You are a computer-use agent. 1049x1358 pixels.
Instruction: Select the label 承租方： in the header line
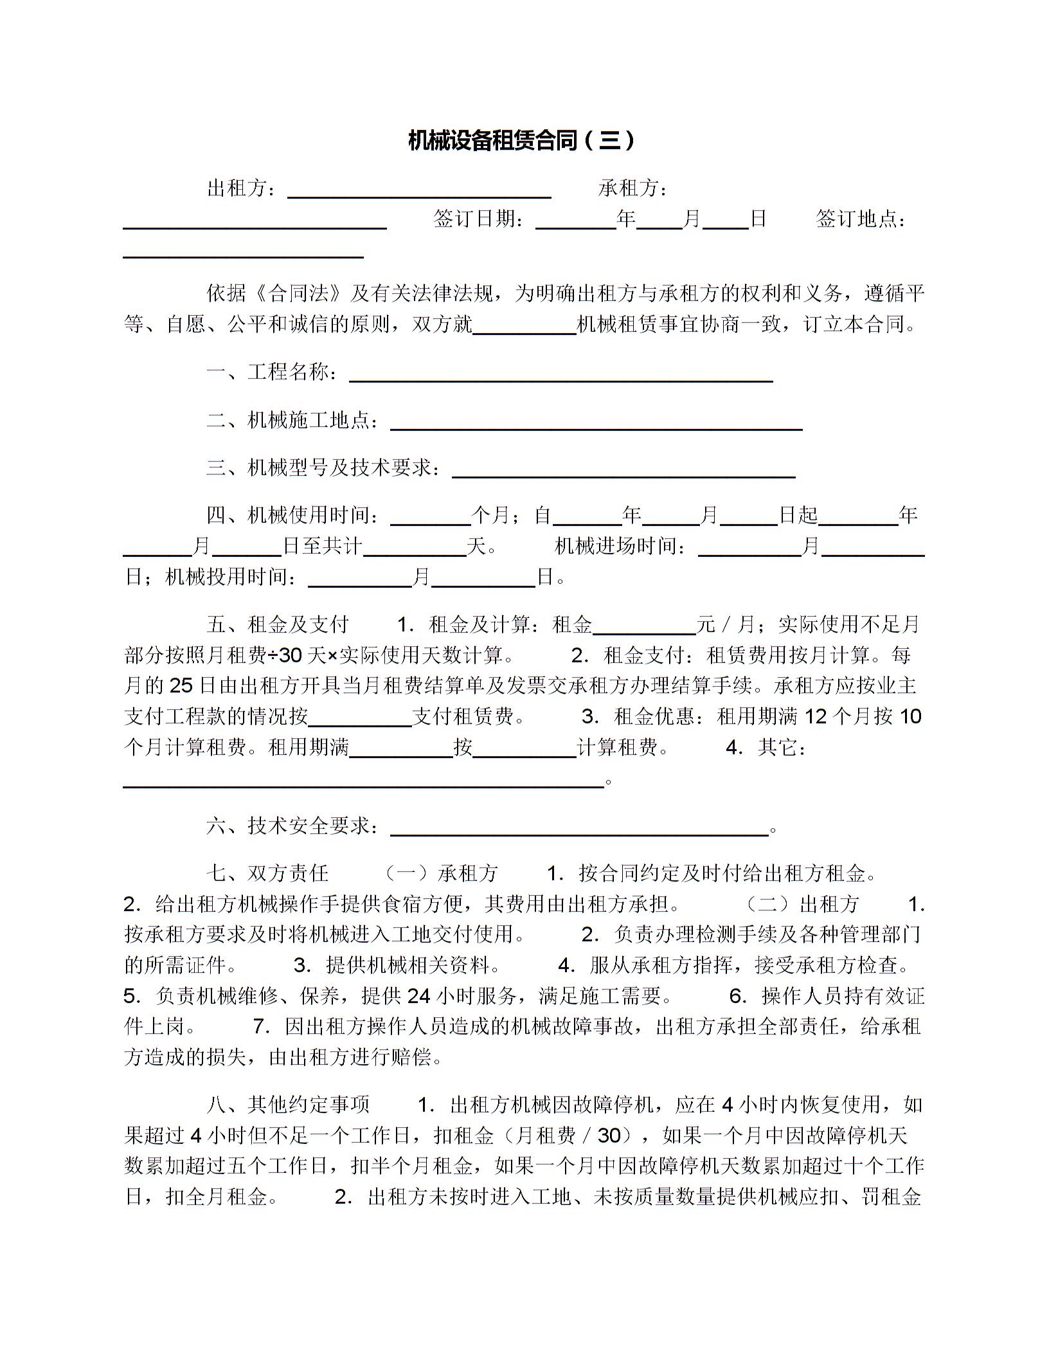click(634, 188)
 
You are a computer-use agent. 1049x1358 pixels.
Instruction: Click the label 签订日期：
click(479, 219)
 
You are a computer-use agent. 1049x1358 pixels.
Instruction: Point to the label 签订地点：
click(861, 219)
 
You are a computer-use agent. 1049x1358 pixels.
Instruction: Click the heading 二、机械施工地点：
click(293, 421)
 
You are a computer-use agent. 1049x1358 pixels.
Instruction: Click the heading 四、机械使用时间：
click(293, 515)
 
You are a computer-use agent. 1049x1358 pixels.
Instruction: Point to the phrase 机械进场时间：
click(621, 547)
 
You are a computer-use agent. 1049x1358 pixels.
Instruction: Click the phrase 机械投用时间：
click(232, 577)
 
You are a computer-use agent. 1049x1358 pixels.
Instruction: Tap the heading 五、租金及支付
click(278, 624)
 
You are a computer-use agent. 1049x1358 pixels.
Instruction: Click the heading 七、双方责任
click(267, 873)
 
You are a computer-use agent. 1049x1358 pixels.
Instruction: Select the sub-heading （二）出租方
click(803, 904)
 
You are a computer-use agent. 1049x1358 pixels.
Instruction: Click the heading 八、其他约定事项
click(288, 1105)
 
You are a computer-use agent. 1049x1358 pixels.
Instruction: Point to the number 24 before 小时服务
click(419, 996)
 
